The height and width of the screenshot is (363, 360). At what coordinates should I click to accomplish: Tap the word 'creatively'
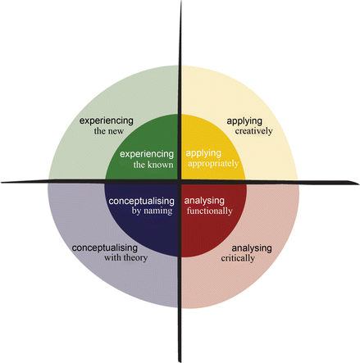click(248, 132)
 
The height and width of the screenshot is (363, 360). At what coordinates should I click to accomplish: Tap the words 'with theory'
click(107, 258)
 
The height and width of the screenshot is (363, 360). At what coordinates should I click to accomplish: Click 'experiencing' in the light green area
click(106, 120)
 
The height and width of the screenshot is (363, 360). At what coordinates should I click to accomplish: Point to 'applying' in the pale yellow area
click(244, 121)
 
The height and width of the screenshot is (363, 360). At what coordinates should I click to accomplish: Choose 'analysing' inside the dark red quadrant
click(204, 200)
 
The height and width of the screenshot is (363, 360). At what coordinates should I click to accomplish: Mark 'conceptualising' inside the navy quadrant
click(140, 200)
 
